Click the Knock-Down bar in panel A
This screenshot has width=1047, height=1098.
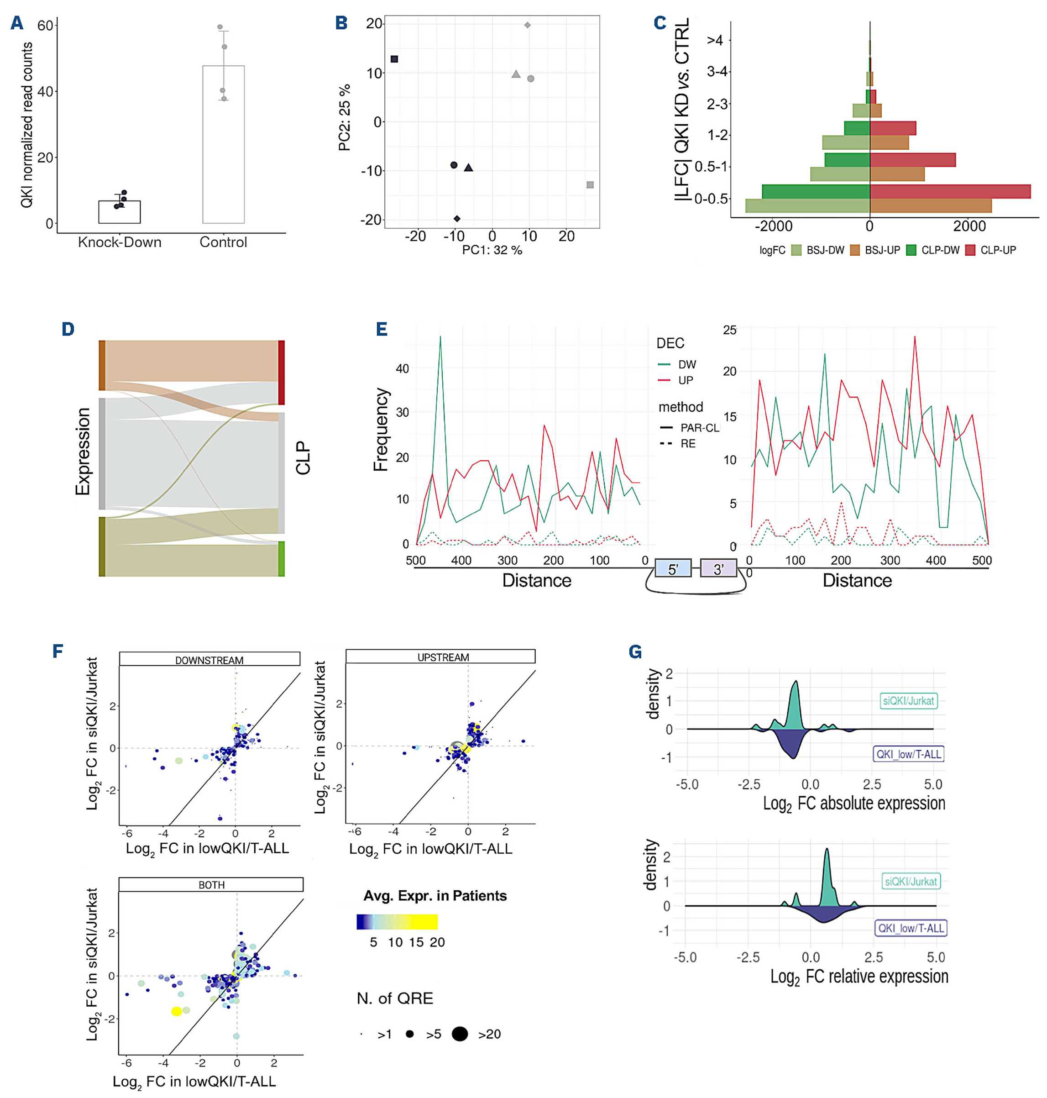coord(120,212)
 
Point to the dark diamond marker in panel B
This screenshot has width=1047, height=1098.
coord(457,218)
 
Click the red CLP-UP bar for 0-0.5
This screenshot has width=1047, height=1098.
coord(949,191)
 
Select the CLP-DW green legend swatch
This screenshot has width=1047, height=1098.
coord(911,250)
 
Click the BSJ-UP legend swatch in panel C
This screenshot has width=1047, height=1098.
coord(854,250)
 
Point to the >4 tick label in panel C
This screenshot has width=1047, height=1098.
coord(715,40)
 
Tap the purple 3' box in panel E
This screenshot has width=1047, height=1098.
coord(718,569)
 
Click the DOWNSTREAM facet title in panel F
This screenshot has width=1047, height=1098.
coord(209,660)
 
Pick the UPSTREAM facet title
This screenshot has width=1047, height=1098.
coord(443,657)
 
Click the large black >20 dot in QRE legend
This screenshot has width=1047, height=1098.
coord(460,1034)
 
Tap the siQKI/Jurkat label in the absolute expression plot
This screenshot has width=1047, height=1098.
coord(908,700)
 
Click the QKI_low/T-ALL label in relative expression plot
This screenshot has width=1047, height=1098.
coord(910,928)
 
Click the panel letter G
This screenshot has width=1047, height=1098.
coord(634,651)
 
